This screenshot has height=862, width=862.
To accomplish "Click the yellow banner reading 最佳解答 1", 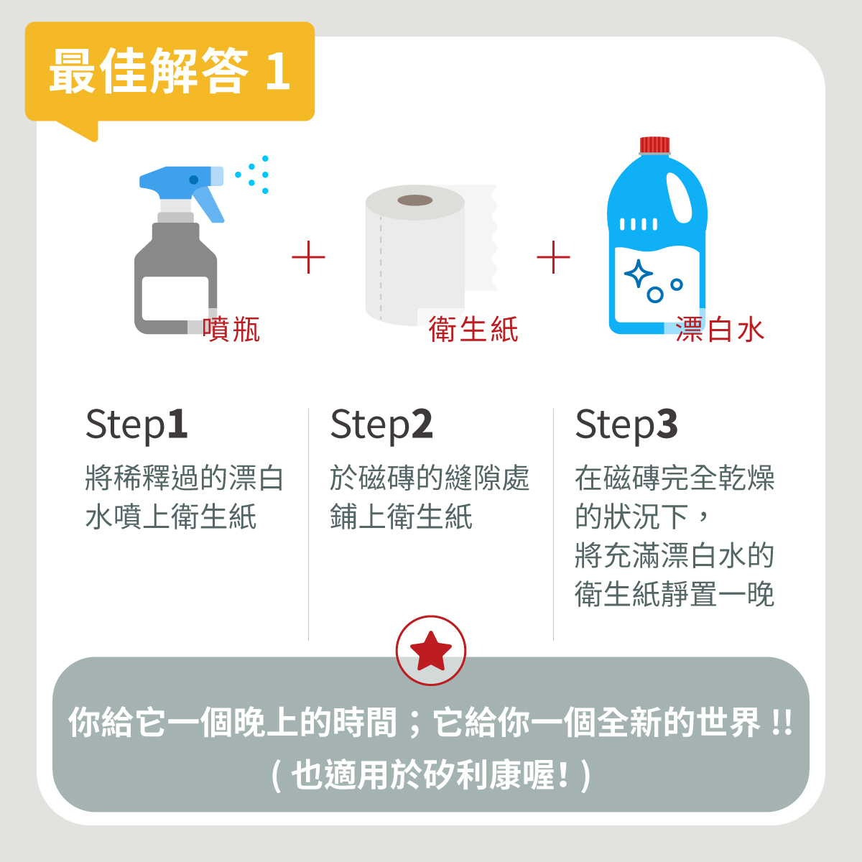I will [x=170, y=72].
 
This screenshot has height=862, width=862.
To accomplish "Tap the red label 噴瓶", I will [x=231, y=329].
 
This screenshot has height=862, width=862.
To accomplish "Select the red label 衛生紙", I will [x=473, y=329].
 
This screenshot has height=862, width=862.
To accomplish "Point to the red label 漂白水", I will [x=719, y=329].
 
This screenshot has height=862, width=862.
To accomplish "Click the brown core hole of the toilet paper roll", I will [x=415, y=200].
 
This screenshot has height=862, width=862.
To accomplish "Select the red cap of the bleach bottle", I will [x=654, y=145].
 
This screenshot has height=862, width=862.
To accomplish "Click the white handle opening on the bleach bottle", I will [x=679, y=197].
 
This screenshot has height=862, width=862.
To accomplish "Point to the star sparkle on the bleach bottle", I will [x=638, y=274].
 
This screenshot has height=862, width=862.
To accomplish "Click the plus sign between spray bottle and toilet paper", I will [x=309, y=257].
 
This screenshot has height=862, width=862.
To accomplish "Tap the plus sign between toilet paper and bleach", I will [x=553, y=257].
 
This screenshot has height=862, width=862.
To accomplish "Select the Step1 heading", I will [x=136, y=425].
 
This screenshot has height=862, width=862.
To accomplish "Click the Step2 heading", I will [x=381, y=425].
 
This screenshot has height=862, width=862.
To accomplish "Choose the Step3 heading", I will [x=626, y=425].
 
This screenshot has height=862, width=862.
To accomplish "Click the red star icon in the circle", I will [x=431, y=651].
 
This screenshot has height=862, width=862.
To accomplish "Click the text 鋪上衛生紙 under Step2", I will [x=401, y=516].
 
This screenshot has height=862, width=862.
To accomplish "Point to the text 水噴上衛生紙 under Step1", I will [x=171, y=516].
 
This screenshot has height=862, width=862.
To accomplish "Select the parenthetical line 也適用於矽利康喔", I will [x=431, y=775].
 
